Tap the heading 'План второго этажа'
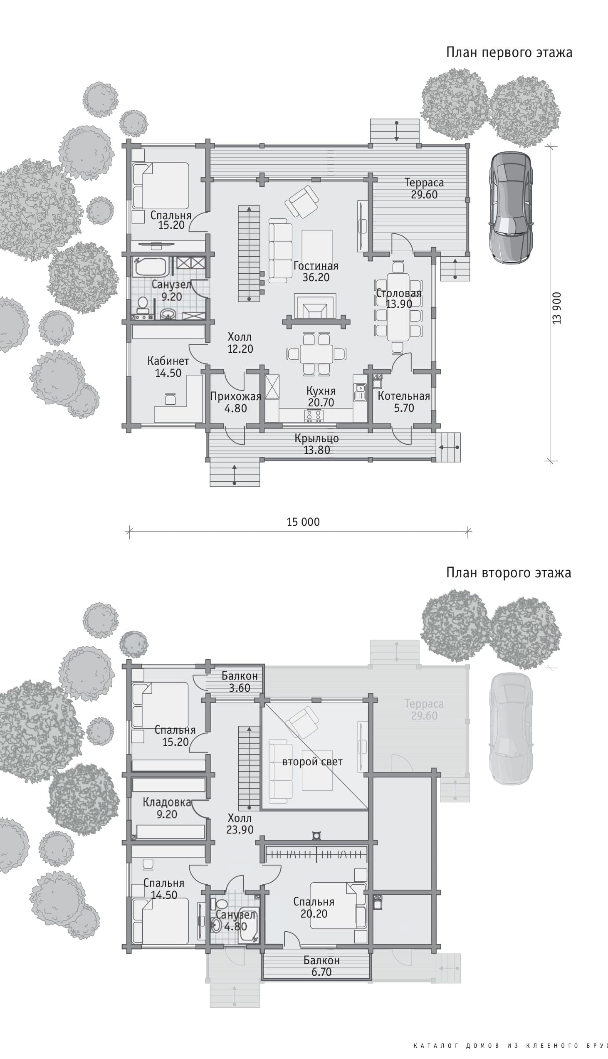(509, 572)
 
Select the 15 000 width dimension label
(303, 522)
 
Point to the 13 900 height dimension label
(557, 308)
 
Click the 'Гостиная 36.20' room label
(316, 272)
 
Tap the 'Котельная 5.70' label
(404, 402)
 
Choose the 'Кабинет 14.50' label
(168, 366)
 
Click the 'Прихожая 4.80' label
(235, 402)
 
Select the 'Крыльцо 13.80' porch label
(317, 444)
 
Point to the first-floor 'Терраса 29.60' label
(424, 188)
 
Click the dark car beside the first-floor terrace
(511, 207)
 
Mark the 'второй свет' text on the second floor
(312, 762)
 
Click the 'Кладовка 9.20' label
(167, 808)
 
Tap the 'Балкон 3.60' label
(240, 681)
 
